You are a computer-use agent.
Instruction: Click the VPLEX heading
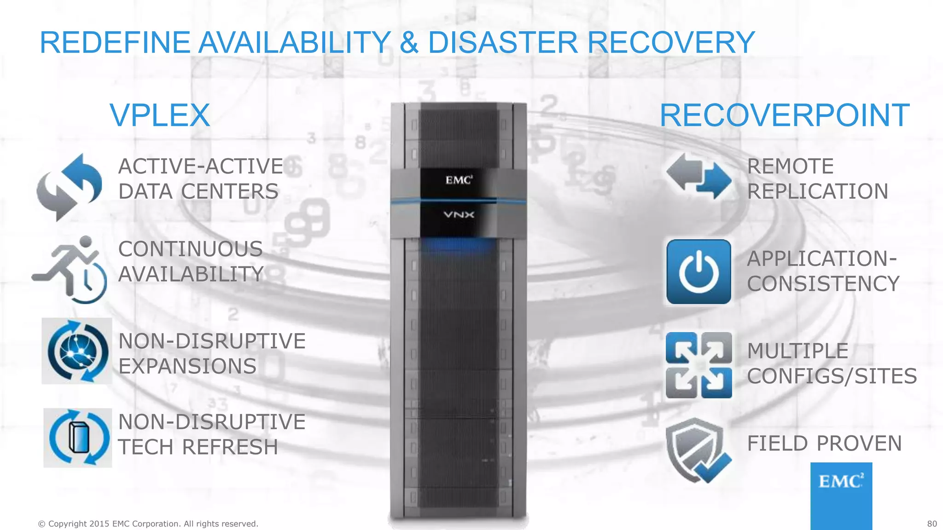(x=160, y=115)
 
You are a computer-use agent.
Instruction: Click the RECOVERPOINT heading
(x=784, y=115)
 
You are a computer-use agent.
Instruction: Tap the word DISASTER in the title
(x=502, y=42)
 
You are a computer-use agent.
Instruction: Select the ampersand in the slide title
(x=409, y=42)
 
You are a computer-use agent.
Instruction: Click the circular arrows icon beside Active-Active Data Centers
(x=70, y=187)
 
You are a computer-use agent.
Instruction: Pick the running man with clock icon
(x=70, y=270)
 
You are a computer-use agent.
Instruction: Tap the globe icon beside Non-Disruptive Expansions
(x=77, y=351)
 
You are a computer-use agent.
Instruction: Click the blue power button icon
(x=699, y=272)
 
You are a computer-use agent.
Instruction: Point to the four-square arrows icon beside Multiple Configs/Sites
(x=699, y=365)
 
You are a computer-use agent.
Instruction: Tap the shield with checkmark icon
(x=697, y=450)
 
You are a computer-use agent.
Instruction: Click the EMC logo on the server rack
(x=459, y=180)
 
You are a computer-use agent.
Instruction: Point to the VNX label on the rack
(x=459, y=214)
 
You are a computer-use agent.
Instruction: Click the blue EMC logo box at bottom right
(x=841, y=495)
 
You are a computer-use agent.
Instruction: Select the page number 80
(x=932, y=524)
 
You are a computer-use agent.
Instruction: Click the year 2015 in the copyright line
(x=99, y=524)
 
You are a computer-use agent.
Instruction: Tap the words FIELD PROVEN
(x=824, y=444)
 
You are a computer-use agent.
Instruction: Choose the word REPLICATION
(x=817, y=191)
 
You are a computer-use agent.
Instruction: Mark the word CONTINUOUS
(x=190, y=249)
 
